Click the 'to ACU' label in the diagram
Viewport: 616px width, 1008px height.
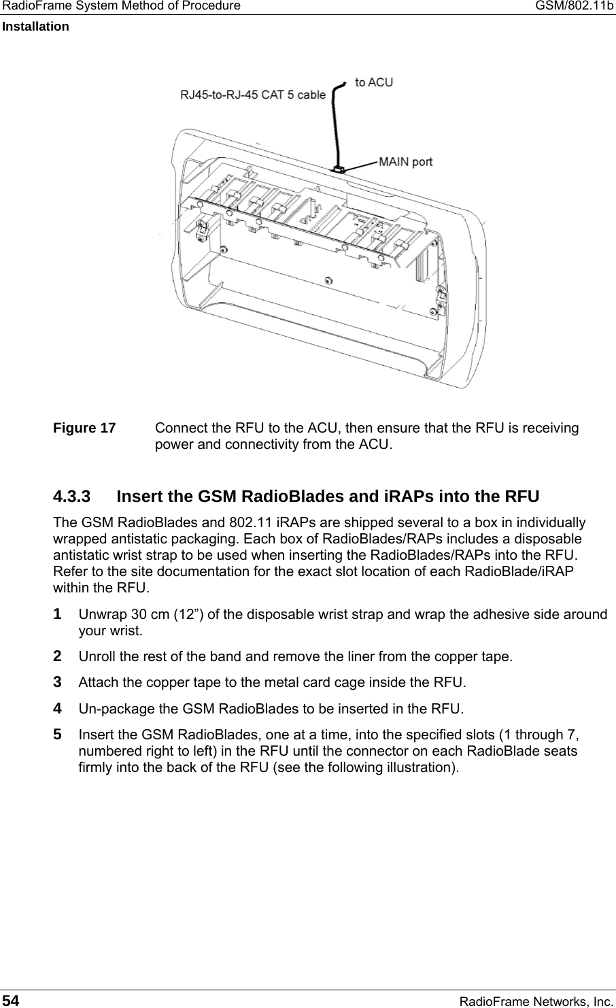point(374,82)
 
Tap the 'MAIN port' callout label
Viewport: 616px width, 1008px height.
point(405,162)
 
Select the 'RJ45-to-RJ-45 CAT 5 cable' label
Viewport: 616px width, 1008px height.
point(253,95)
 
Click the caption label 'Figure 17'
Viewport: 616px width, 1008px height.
point(85,429)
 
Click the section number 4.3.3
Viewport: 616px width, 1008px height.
point(72,496)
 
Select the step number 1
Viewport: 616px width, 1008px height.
point(58,614)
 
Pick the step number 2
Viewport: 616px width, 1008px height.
point(58,656)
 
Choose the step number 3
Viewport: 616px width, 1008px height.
point(58,682)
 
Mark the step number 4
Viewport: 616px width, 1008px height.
point(58,708)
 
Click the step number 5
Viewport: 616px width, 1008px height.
point(58,735)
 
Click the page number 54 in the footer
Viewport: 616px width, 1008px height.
point(11,1000)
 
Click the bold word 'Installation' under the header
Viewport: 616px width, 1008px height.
point(35,27)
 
